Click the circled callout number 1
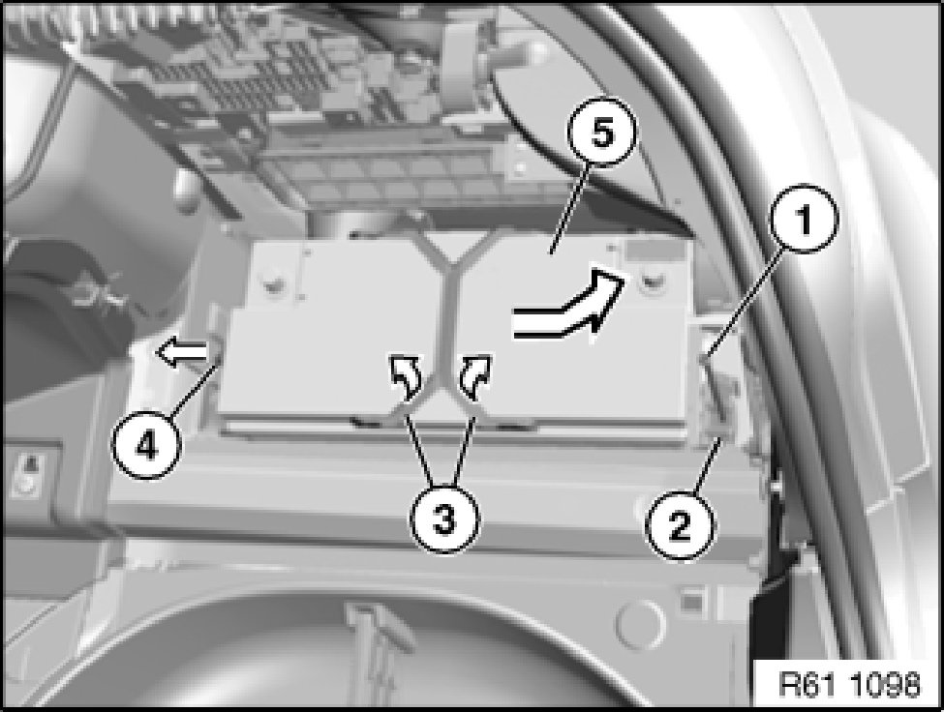coord(805,218)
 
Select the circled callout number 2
coord(679,527)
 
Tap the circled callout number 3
coord(444,519)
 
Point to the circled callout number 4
coord(146,446)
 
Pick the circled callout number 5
coord(602,133)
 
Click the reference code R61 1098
coord(849,684)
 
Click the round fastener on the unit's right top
coord(649,279)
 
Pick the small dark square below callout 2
coord(691,602)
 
